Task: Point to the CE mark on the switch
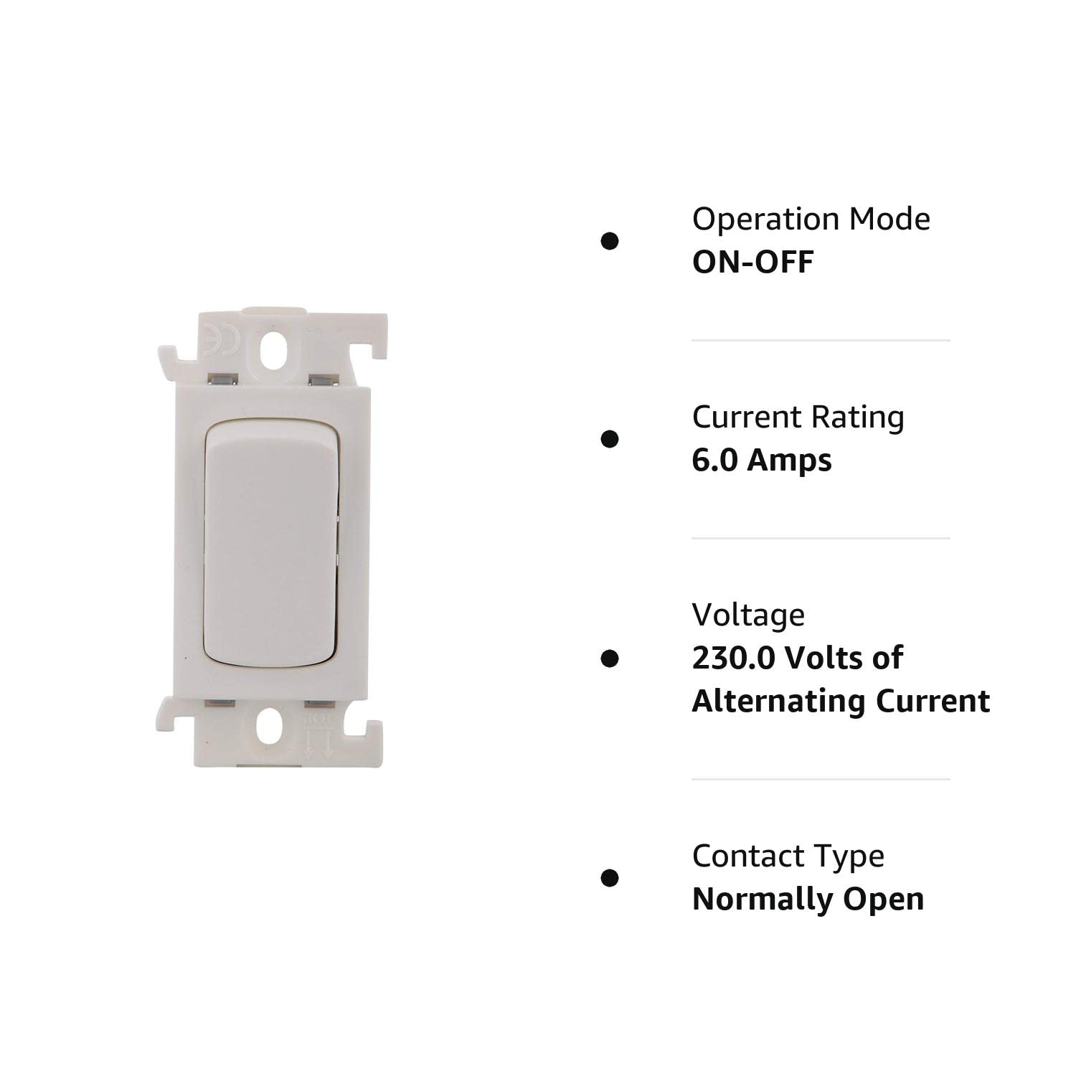coord(214,337)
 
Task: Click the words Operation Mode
coord(811,220)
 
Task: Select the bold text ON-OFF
coord(752,263)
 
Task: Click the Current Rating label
coord(798,417)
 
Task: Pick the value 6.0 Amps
coord(761,461)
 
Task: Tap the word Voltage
coord(748,615)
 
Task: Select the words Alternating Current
coord(841,702)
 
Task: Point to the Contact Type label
coord(788,856)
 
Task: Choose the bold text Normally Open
coord(808,900)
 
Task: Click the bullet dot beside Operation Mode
coord(610,241)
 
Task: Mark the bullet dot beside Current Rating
coord(610,439)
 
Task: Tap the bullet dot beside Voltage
coord(610,659)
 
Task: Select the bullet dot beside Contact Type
coord(610,878)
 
